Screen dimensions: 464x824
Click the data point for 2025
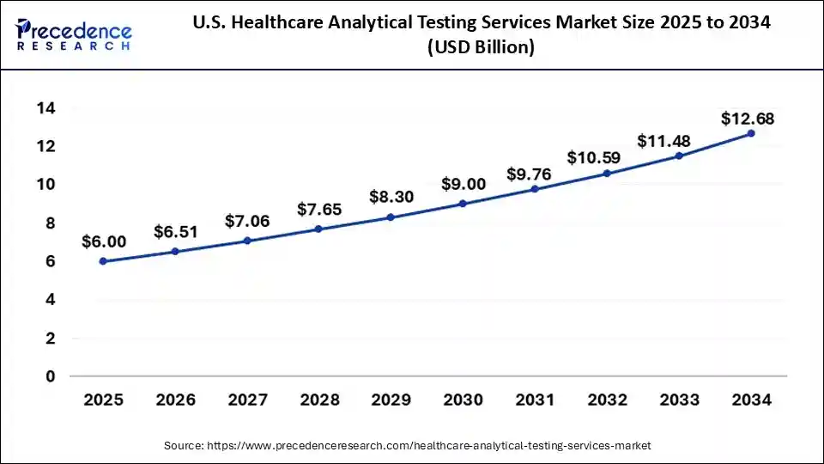103,261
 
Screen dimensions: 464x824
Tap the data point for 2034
751,133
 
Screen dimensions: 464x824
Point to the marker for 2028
319,229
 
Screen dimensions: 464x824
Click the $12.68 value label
748,119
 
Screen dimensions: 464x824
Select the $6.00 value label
104,242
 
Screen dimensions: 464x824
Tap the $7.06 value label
247,221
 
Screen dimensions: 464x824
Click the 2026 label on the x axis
175,400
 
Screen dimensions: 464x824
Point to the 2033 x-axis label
679,400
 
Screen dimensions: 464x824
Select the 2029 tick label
391,400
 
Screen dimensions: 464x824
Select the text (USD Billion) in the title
480,48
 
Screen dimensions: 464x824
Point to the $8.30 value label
391,197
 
